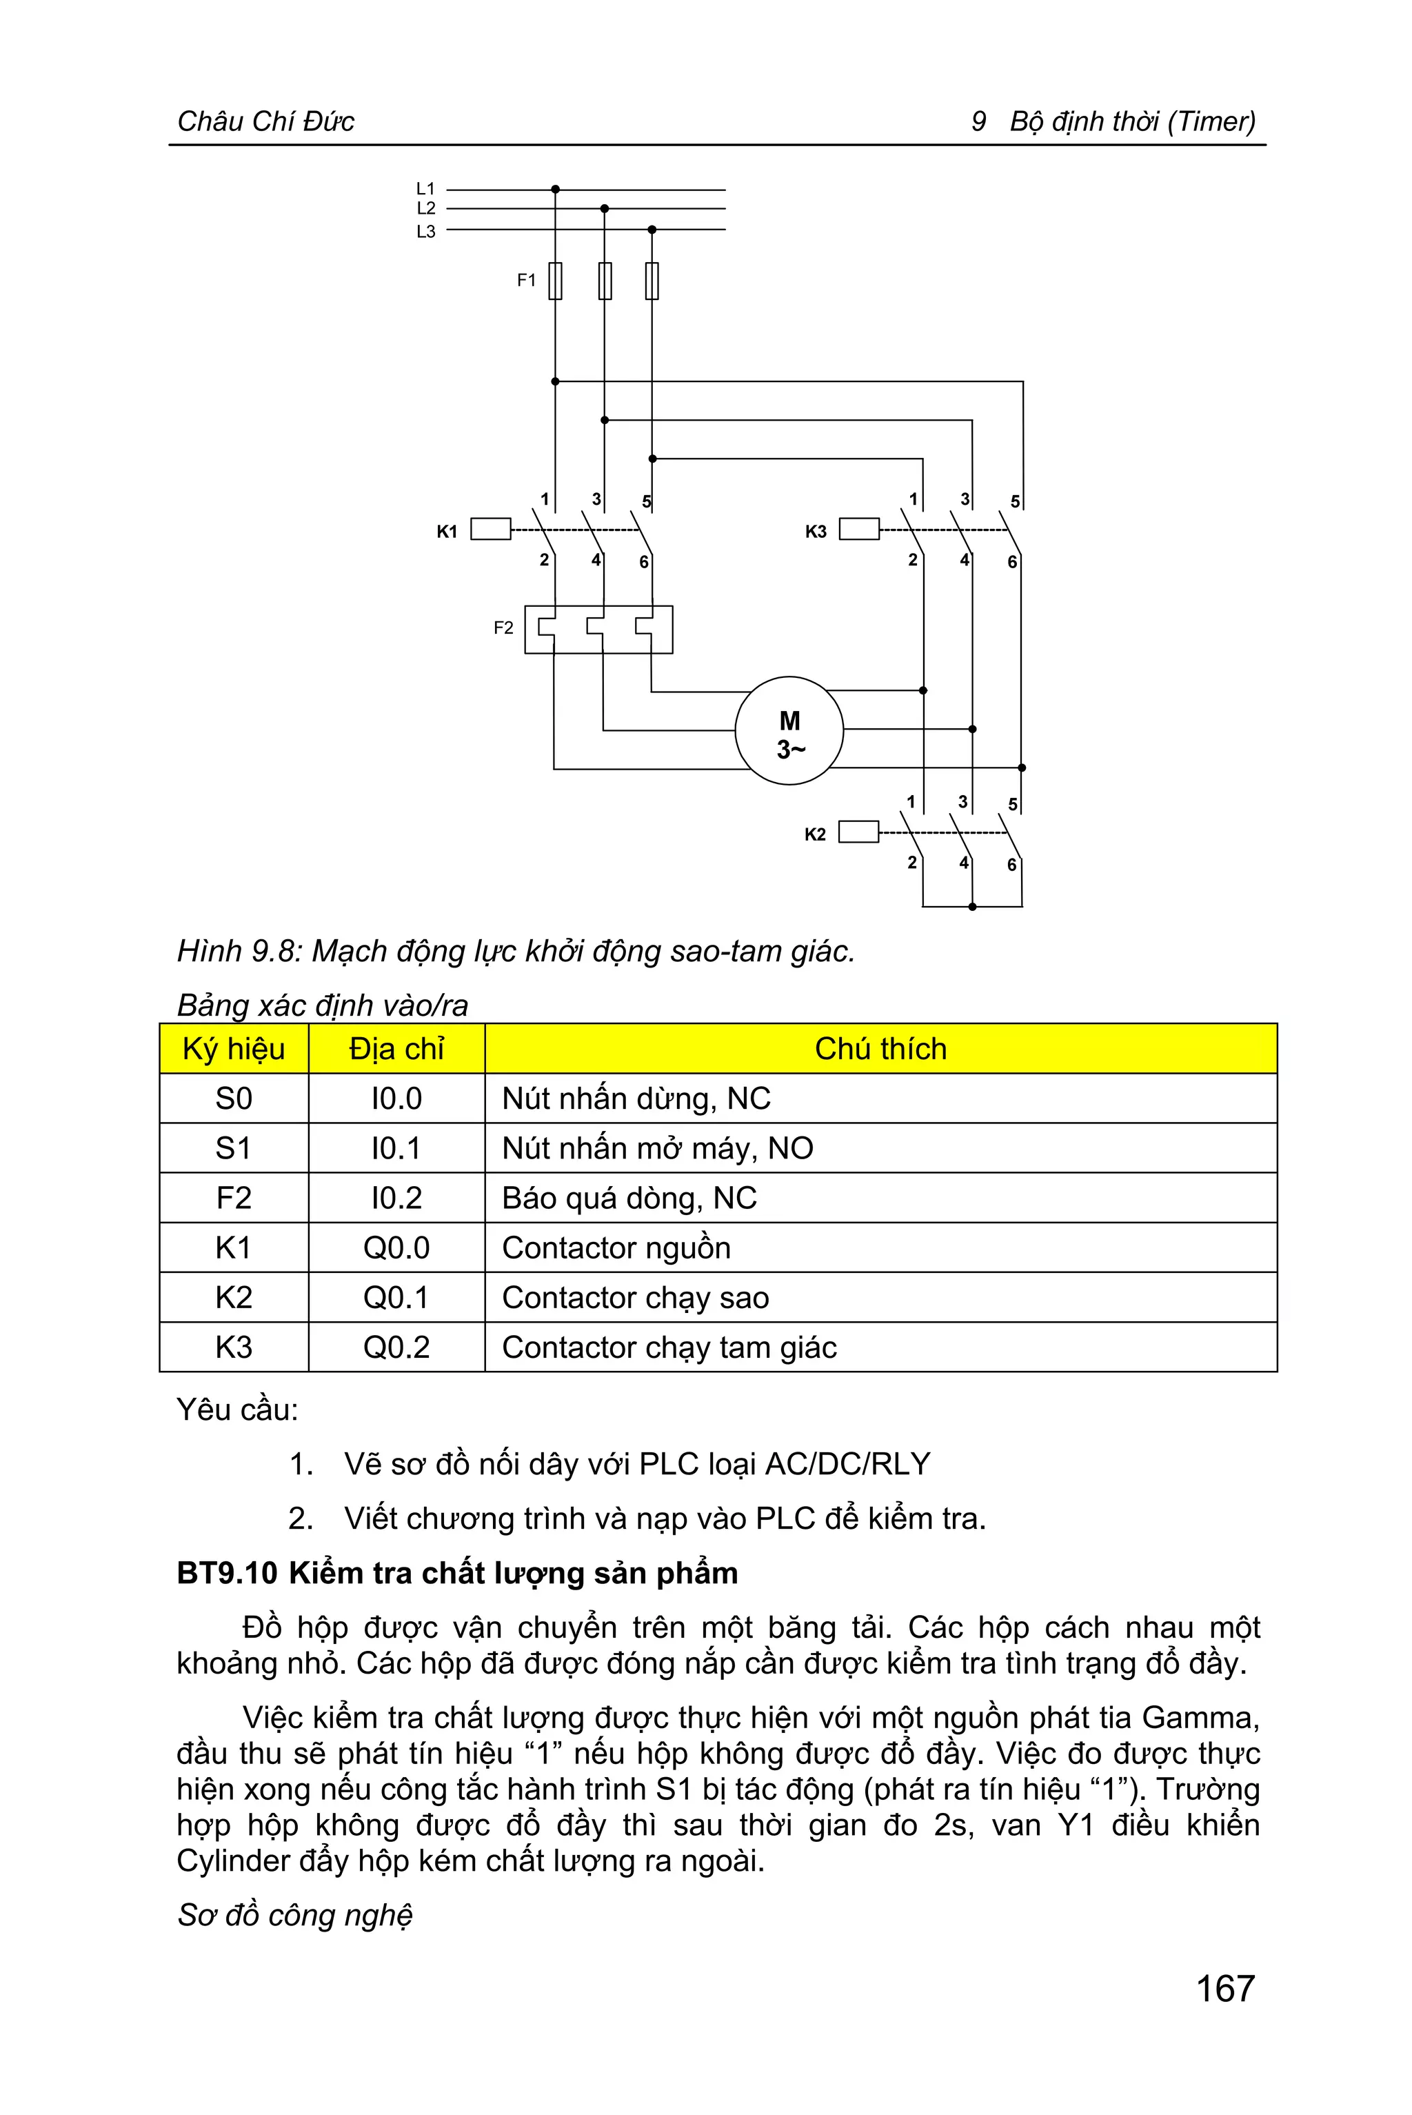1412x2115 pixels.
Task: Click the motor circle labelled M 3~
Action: (789, 730)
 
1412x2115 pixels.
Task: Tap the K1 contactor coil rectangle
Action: (491, 530)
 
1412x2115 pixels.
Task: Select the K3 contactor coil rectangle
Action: (859, 530)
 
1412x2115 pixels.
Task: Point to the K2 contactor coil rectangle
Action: (858, 832)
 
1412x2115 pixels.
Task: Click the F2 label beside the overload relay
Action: (503, 628)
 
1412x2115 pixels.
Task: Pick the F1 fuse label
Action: (526, 280)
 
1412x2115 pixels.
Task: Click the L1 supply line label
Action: (425, 189)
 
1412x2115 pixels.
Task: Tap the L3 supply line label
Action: (425, 232)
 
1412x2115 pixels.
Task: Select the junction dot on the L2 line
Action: (604, 209)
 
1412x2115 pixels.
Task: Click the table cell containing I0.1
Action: (396, 1148)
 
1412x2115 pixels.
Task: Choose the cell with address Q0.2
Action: (396, 1347)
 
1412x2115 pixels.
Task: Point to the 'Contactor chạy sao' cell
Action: (635, 1298)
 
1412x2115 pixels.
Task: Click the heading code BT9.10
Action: (227, 1574)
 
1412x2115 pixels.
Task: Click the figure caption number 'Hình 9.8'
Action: (236, 951)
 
